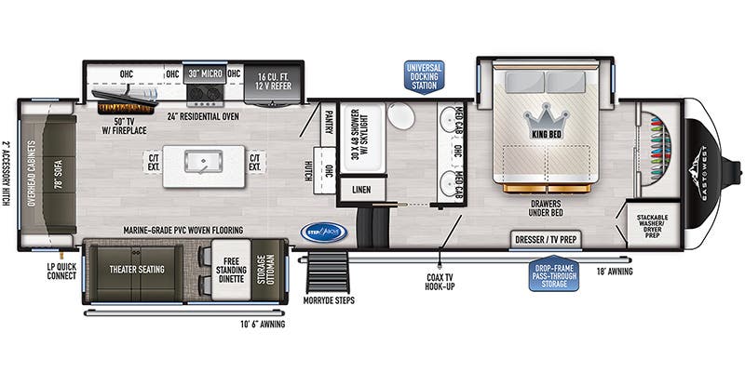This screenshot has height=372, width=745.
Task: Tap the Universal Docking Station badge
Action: point(424,77)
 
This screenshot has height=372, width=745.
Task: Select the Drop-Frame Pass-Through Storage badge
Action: point(553,273)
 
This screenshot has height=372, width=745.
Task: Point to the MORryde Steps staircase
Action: point(327,272)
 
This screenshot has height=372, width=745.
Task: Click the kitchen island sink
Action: point(204,162)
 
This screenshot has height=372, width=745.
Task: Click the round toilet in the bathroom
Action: point(401,117)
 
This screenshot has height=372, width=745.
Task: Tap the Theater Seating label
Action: point(139,269)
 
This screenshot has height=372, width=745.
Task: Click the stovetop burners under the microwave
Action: point(203,92)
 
